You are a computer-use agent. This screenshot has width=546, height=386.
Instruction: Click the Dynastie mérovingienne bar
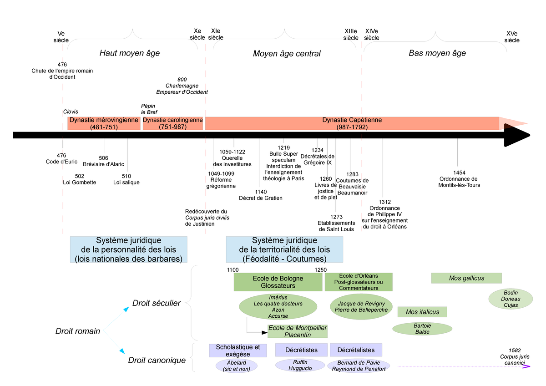104,123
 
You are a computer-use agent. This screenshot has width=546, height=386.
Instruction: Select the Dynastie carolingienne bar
172,123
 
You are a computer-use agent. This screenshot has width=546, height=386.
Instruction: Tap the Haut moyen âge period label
130,53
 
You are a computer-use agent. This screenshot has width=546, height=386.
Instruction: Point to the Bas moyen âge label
437,53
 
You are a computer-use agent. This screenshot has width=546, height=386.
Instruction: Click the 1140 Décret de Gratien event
260,195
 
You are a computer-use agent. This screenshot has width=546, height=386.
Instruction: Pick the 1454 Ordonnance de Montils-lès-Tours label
459,179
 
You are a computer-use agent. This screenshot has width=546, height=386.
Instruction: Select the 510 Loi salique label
126,179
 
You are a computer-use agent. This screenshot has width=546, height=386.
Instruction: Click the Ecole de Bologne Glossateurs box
278,282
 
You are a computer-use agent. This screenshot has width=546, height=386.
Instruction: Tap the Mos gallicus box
466,278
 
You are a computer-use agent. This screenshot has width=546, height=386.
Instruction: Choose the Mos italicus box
422,312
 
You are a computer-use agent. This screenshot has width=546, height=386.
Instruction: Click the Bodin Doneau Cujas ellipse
511,299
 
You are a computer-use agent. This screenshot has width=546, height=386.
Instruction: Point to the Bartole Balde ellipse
422,329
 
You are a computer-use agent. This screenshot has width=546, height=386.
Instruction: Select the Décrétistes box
301,350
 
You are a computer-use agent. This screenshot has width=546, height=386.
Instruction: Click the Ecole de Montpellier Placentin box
298,331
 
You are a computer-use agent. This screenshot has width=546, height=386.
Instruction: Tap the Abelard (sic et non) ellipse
236,366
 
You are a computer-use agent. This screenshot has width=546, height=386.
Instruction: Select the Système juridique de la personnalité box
128,249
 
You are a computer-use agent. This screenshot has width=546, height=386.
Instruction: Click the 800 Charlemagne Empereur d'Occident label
182,86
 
